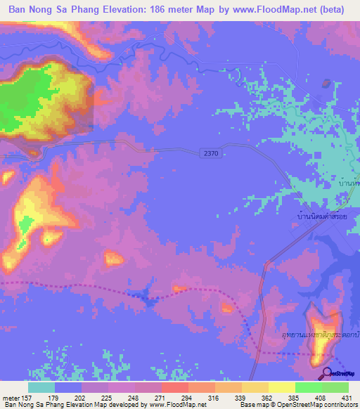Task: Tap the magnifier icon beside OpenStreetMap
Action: click(x=326, y=373)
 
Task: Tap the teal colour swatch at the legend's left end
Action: click(x=41, y=387)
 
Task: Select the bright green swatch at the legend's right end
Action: click(x=335, y=387)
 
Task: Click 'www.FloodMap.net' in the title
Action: click(x=277, y=10)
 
